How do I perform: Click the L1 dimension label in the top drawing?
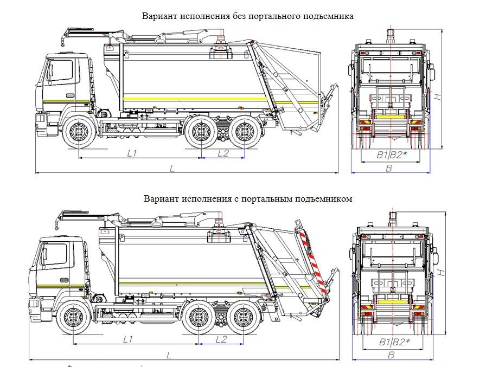pyautogui.click(x=132, y=153)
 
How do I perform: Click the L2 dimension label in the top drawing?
pyautogui.click(x=223, y=153)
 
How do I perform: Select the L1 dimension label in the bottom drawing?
pyautogui.click(x=128, y=340)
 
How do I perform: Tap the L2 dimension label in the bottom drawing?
pyautogui.click(x=221, y=340)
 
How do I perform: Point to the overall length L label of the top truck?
pyautogui.click(x=171, y=169)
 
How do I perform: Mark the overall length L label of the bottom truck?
pyautogui.click(x=170, y=355)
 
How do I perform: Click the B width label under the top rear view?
pyautogui.click(x=388, y=169)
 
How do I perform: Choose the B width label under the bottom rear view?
pyautogui.click(x=391, y=355)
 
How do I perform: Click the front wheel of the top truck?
pyautogui.click(x=78, y=132)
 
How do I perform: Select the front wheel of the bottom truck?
pyautogui.click(x=72, y=319)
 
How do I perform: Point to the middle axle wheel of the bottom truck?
pyautogui.click(x=199, y=319)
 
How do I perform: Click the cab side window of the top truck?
pyautogui.click(x=61, y=70)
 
